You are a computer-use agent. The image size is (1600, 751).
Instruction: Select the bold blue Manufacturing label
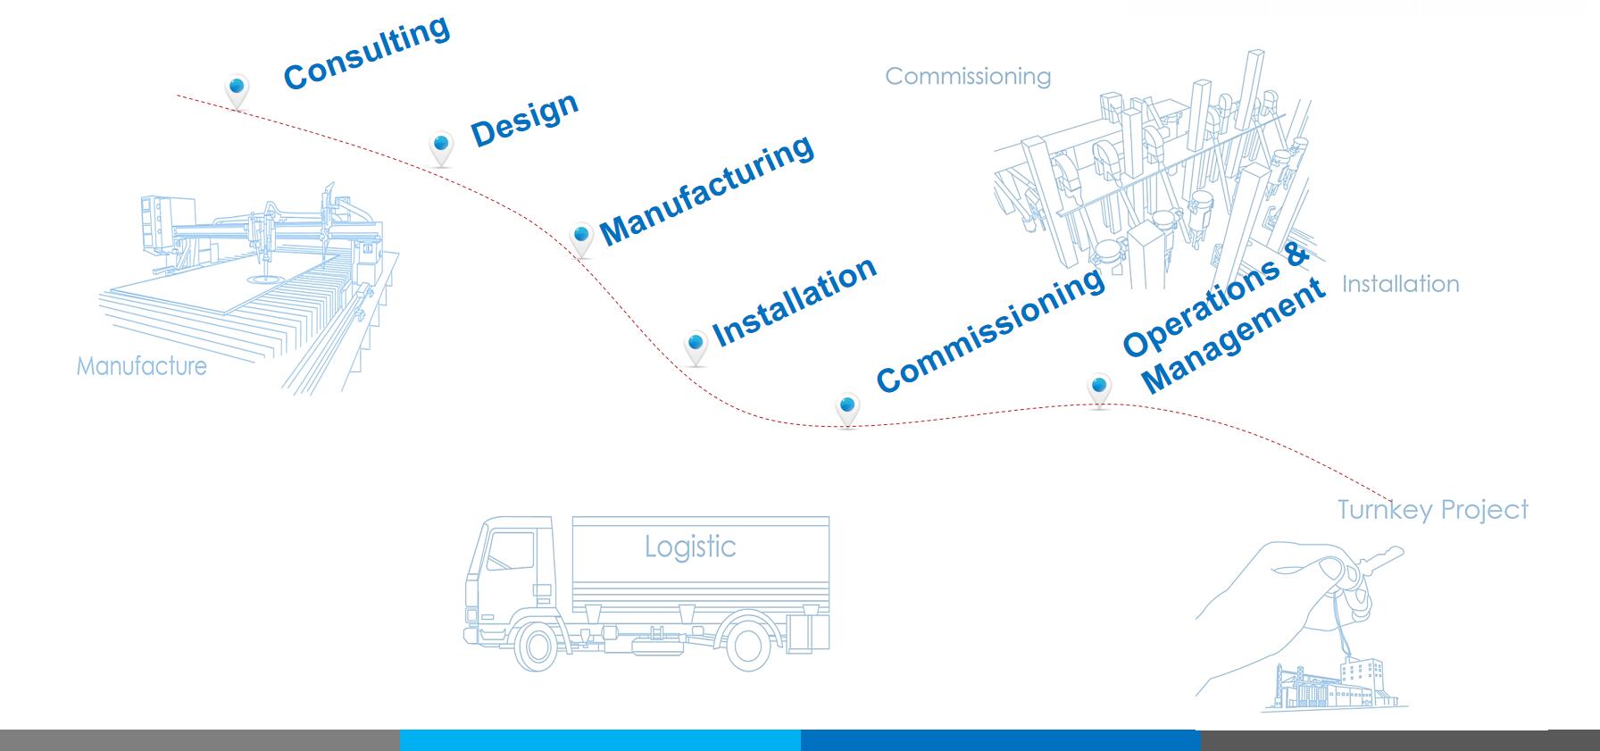706,189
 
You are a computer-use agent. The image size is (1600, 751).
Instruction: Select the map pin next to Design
440,146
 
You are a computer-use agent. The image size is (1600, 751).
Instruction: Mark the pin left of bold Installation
696,346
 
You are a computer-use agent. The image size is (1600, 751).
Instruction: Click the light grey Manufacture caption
141,366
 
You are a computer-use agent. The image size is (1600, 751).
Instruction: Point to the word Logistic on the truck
690,547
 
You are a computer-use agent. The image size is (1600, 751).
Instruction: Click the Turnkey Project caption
1432,510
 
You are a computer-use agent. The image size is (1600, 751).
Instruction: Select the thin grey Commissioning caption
968,77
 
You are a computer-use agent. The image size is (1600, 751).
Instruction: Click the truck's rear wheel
747,647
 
